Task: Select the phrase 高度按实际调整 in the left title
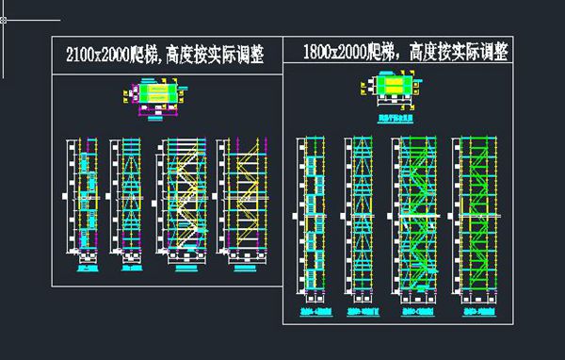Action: tap(213, 56)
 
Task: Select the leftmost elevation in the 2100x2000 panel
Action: tap(82, 198)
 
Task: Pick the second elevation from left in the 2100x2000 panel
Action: tap(126, 198)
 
